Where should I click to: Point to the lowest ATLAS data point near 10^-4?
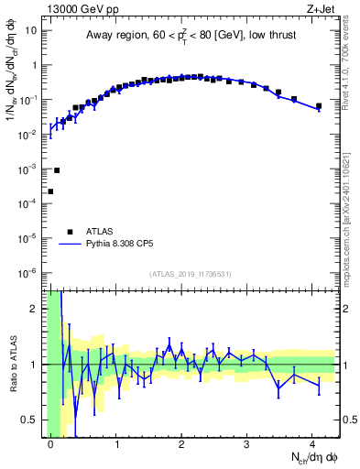pyautogui.click(x=50, y=191)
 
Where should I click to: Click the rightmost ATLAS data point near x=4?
pyautogui.click(x=319, y=106)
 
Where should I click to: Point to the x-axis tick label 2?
pyautogui.click(x=181, y=444)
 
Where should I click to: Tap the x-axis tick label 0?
pyautogui.click(x=50, y=444)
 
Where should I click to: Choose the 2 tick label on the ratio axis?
pyautogui.click(x=35, y=309)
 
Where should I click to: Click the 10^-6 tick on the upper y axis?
pyautogui.click(x=28, y=272)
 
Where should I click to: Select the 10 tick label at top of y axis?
pyautogui.click(x=29, y=30)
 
